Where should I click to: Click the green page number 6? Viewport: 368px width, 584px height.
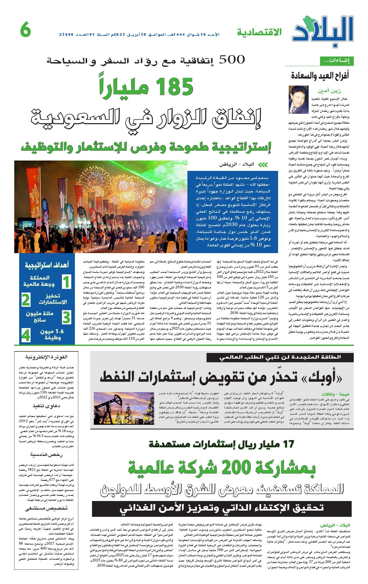coord(25,30)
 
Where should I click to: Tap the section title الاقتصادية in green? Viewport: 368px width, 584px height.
coord(259,32)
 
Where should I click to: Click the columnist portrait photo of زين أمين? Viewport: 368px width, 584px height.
coord(299,100)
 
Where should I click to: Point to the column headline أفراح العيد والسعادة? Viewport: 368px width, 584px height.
coord(320,76)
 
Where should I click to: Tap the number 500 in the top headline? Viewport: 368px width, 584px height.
coord(232,60)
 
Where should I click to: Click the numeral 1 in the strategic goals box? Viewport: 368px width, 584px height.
coord(66,282)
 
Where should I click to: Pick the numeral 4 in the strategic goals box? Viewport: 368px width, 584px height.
coord(26,335)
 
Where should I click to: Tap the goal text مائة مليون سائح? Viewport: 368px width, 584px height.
coord(40,316)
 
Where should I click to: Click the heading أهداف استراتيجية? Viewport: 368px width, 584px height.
coord(47,265)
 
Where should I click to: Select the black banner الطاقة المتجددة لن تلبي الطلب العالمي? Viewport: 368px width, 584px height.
coord(280,357)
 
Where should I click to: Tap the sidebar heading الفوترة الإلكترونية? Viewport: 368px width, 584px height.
coord(46,357)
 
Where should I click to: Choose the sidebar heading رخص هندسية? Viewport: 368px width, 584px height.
coord(46,455)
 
